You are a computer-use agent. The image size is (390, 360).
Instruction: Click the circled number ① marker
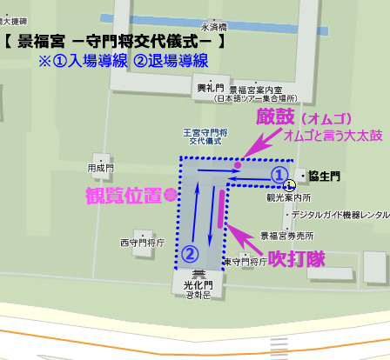click(279, 175)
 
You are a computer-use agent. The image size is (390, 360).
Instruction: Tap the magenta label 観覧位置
click(124, 195)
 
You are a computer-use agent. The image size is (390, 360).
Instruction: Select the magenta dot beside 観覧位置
click(171, 195)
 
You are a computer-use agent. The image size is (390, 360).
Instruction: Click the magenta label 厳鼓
click(275, 117)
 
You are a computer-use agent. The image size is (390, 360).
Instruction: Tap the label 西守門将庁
click(142, 243)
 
